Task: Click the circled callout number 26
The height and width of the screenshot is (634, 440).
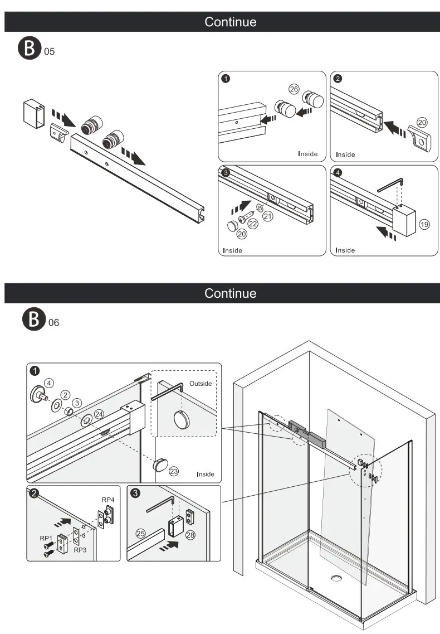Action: coord(294,89)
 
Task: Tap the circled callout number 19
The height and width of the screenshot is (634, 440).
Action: coord(424,225)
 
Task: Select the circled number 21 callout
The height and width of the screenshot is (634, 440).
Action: coord(268,216)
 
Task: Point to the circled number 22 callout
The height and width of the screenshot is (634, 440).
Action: coord(253,224)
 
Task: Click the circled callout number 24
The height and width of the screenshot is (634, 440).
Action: coord(99,414)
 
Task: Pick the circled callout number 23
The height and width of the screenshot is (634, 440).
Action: coord(174,471)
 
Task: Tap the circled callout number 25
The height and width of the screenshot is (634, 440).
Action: coord(140,534)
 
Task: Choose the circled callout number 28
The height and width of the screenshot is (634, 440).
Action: coord(190,535)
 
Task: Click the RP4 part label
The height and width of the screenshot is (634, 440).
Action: coord(108,499)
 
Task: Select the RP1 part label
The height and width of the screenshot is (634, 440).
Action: coord(46,538)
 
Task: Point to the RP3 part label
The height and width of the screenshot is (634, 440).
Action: coord(80,549)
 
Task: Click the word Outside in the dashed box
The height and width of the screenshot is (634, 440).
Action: coord(201,384)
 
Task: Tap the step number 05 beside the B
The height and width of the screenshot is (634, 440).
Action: coord(50,52)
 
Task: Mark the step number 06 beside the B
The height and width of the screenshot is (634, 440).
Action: coord(53,322)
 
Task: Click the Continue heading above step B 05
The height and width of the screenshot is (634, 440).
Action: coord(230,22)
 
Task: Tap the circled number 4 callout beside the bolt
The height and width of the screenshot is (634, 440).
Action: coord(50,383)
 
